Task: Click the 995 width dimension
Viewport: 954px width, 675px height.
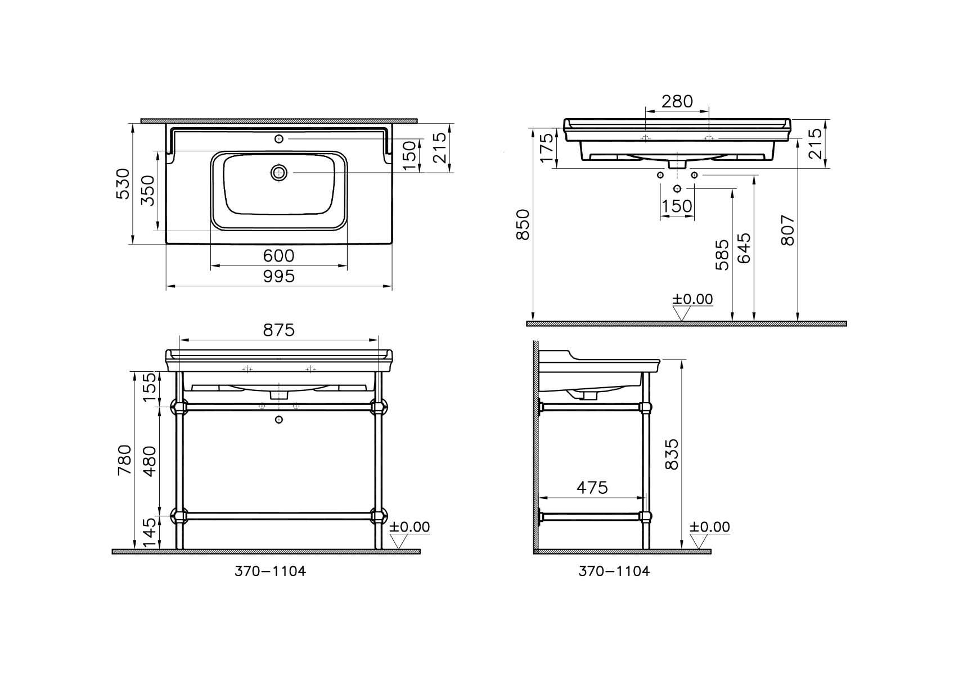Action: tap(278, 277)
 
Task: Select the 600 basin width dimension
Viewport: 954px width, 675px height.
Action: tap(278, 256)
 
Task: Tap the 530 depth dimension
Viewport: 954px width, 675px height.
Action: tap(124, 184)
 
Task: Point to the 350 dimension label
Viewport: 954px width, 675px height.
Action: tap(148, 190)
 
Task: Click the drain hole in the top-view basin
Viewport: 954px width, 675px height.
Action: tap(279, 173)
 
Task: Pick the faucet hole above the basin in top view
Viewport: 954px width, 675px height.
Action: tap(279, 139)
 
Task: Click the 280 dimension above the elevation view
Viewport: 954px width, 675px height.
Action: tap(677, 101)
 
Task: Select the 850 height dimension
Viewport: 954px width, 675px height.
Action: tap(523, 224)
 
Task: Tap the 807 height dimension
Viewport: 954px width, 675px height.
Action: tap(788, 231)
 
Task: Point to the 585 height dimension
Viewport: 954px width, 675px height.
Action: tap(722, 255)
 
